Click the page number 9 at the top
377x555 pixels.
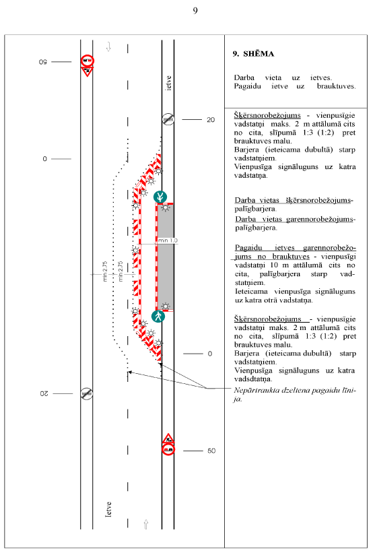(x=195, y=10)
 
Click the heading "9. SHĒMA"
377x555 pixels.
(x=253, y=54)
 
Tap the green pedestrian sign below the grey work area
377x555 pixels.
(x=158, y=316)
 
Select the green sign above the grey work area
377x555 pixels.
(x=160, y=197)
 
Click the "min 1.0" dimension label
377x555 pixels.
(x=168, y=240)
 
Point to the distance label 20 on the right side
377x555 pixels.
(x=211, y=120)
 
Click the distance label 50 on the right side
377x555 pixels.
(x=211, y=451)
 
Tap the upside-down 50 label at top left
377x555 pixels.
(x=43, y=62)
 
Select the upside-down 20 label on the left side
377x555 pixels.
(x=44, y=393)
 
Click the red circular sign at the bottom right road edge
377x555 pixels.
(x=168, y=449)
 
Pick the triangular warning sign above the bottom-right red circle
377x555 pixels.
(x=168, y=438)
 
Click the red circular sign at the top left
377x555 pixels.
(x=87, y=61)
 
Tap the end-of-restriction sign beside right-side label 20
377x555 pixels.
(x=168, y=119)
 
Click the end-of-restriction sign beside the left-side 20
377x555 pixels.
(x=87, y=393)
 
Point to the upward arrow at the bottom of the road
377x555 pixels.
(x=145, y=524)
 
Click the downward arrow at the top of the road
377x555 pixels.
(x=109, y=46)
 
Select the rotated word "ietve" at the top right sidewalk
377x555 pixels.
(x=168, y=83)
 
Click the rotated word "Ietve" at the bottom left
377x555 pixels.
(x=108, y=509)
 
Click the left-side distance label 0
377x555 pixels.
(x=44, y=159)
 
